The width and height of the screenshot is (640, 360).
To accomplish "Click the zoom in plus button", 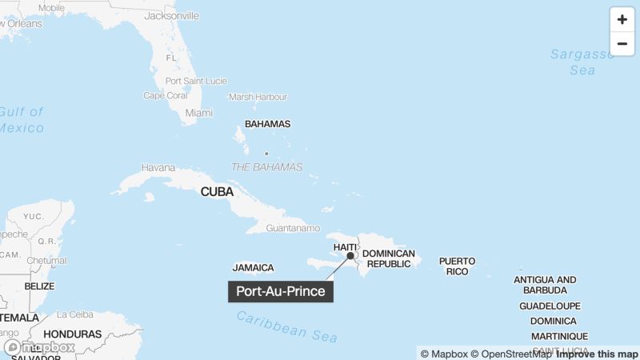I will pyautogui.click(x=622, y=20).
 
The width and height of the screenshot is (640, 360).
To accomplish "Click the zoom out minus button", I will pyautogui.click(x=622, y=44).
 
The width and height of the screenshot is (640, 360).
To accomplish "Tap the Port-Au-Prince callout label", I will pyautogui.click(x=281, y=291).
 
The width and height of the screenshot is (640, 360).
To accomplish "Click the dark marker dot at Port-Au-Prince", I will pyautogui.click(x=350, y=256).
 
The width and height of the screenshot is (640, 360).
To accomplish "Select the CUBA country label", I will pyautogui.click(x=217, y=192).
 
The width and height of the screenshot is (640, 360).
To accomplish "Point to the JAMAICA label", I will pyautogui.click(x=254, y=268).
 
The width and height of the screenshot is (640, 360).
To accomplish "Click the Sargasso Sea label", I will pyautogui.click(x=582, y=62).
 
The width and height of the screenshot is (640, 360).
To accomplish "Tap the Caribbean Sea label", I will pyautogui.click(x=287, y=326).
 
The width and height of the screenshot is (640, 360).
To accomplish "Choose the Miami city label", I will pyautogui.click(x=199, y=113).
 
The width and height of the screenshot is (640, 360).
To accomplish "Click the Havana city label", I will pyautogui.click(x=158, y=168).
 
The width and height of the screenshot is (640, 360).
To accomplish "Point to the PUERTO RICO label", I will pyautogui.click(x=457, y=266).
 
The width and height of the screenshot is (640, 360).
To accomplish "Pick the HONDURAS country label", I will pyautogui.click(x=73, y=334).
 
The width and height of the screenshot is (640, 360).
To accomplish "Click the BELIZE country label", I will pyautogui.click(x=39, y=286).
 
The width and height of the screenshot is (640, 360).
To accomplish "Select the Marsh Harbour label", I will pyautogui.click(x=258, y=97).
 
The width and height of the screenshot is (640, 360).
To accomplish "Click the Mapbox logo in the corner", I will pyautogui.click(x=40, y=347).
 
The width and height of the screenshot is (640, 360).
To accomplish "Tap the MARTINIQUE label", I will pyautogui.click(x=559, y=336).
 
